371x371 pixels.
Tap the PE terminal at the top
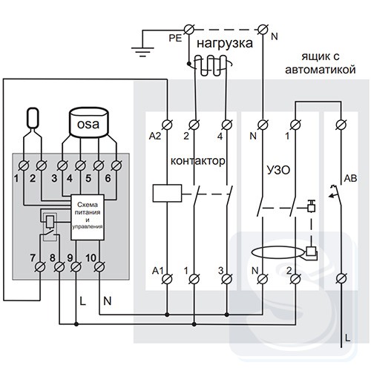[x=189, y=30]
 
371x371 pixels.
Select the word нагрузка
[x=225, y=44]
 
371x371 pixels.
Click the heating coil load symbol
[x=211, y=65]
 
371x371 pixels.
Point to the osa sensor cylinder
[x=88, y=122]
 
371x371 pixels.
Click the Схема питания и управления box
[x=88, y=217]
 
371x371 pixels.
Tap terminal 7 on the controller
[x=40, y=266]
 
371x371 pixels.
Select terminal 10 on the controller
[x=99, y=266]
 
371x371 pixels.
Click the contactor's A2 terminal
[x=167, y=125]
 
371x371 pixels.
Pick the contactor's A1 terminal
[x=167, y=279]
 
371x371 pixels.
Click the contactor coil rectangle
[x=167, y=193]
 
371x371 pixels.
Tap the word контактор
[x=198, y=161]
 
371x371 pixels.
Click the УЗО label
[x=278, y=171]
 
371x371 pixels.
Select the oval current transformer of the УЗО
[x=277, y=253]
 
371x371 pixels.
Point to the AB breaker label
[x=350, y=178]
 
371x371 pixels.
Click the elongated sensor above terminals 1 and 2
[x=33, y=118]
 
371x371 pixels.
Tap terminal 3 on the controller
[x=62, y=165]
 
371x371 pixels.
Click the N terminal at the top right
[x=263, y=30]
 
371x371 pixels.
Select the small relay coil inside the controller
[x=50, y=221]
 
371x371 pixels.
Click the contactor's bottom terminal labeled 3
[x=226, y=279]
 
